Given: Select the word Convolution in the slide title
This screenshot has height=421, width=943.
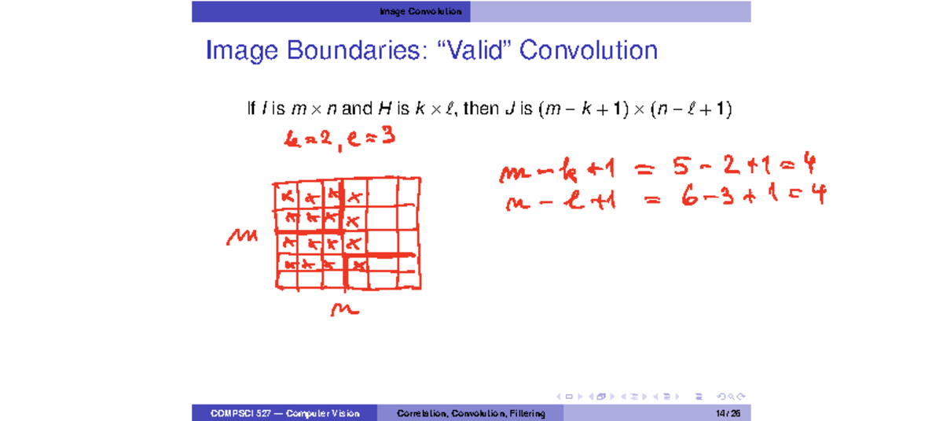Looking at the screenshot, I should point(589,51).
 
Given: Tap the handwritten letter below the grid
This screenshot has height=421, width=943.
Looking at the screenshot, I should point(345,311).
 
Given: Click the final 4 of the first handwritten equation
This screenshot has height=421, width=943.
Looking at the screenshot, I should point(809,165).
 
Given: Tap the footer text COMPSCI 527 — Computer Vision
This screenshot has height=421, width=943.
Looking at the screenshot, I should point(284,414).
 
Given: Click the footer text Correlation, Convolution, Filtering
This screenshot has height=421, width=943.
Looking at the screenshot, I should point(471,414).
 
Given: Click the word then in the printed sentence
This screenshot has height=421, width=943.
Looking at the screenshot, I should point(480,109).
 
